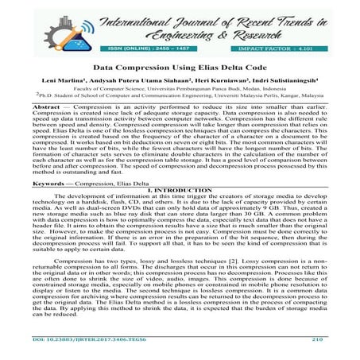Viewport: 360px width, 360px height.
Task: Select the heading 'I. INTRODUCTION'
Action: (180, 189)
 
